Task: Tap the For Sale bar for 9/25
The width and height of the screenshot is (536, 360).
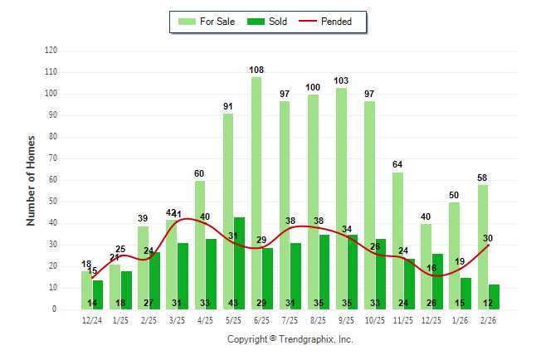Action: tap(341, 198)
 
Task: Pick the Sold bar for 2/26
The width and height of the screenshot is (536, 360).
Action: tap(494, 296)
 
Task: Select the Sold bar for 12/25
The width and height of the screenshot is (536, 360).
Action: tap(437, 281)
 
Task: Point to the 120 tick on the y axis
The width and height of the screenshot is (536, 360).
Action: tap(51, 51)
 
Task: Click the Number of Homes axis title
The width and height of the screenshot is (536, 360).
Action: tap(32, 179)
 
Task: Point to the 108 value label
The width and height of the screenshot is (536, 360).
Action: tap(256, 70)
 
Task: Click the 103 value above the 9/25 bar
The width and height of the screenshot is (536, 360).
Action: tap(341, 80)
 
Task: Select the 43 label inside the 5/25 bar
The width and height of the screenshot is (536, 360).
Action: tap(239, 303)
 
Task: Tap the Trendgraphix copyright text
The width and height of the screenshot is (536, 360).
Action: tap(290, 339)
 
